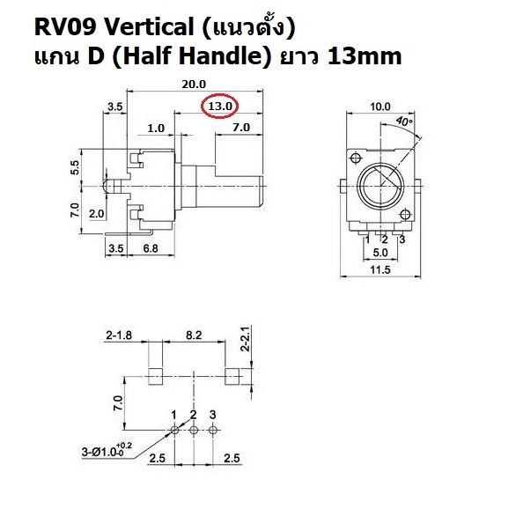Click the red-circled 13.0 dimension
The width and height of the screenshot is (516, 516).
[x=220, y=107]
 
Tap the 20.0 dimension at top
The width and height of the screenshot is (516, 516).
[x=194, y=85]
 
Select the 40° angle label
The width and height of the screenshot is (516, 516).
[x=404, y=122]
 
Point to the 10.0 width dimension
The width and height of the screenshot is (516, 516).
[x=380, y=107]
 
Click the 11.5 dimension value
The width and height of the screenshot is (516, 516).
[x=380, y=269]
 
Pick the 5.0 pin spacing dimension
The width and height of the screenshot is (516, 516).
[x=380, y=253]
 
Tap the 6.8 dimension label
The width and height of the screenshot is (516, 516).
[x=151, y=248]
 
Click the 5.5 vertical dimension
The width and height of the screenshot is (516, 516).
[x=75, y=167]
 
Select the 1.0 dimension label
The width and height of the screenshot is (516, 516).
[x=156, y=128]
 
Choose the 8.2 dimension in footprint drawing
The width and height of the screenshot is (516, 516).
[x=194, y=335]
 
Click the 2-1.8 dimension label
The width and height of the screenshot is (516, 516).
[x=119, y=335]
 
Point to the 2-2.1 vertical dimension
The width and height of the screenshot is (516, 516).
[x=246, y=339]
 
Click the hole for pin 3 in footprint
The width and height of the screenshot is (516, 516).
[x=213, y=430]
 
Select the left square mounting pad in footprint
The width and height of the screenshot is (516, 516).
[x=155, y=377]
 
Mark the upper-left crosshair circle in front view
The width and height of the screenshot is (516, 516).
[x=356, y=158]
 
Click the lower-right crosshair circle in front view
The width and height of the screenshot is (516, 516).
[x=405, y=215]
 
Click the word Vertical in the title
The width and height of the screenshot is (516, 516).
[x=149, y=27]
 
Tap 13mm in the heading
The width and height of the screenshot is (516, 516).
[x=365, y=56]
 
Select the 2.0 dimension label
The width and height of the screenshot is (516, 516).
[x=97, y=214]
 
